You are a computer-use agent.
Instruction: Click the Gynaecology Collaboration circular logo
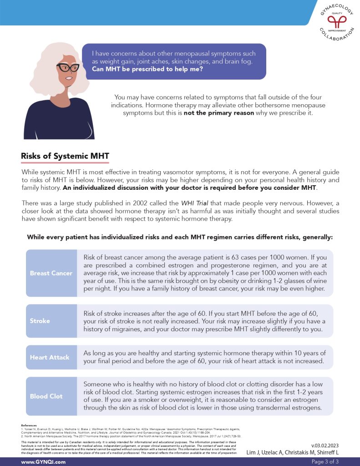coord(337,21)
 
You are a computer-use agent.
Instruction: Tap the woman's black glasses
coord(68,68)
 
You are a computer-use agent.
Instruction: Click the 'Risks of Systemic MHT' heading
coord(65,156)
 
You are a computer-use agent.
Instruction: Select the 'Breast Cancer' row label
coord(51,273)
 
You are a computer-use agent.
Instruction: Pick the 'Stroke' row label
coord(40,321)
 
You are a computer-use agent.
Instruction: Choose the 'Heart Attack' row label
coord(50,357)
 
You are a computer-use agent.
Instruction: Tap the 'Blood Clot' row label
coord(46,396)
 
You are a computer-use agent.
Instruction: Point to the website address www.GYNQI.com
coord(43,462)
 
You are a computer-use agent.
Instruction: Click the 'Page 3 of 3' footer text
coord(325,462)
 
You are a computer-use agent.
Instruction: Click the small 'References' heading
coord(29,425)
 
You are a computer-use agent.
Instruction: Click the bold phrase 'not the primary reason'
coord(218,113)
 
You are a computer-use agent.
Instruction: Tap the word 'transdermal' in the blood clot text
coord(262,408)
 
